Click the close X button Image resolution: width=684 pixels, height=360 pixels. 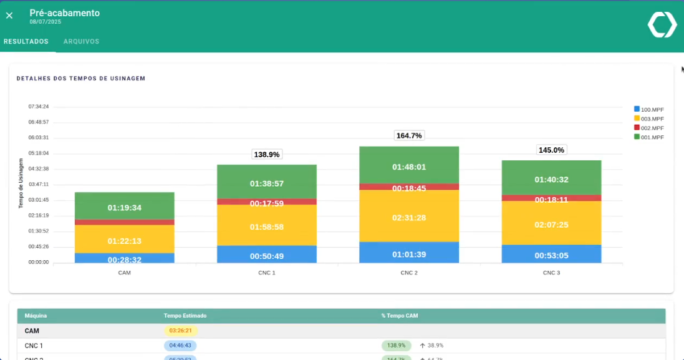9,16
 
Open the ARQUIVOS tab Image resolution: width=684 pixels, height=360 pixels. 81,42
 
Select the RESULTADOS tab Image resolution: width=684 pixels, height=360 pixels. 26,42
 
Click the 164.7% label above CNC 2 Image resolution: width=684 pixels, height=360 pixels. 409,135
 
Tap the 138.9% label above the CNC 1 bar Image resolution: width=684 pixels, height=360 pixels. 267,154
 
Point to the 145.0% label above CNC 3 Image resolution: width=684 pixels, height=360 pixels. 551,150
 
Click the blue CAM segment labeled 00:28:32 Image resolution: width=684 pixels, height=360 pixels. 125,258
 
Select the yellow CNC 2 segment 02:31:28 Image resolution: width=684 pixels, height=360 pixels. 409,217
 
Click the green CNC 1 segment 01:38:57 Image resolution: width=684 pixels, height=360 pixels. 267,183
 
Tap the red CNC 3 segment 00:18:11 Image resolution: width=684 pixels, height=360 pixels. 551,198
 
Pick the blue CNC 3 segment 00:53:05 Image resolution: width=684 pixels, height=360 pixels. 551,254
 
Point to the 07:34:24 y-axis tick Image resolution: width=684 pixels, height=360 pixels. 38,107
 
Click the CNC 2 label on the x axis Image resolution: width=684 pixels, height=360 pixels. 409,273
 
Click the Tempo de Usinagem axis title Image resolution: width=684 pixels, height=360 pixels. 21,183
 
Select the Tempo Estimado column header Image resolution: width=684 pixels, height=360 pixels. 185,316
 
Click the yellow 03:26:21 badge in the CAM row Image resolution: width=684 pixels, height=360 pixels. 181,331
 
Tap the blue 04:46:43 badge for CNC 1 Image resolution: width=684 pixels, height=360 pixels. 180,345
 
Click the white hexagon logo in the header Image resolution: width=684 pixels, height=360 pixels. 662,25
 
